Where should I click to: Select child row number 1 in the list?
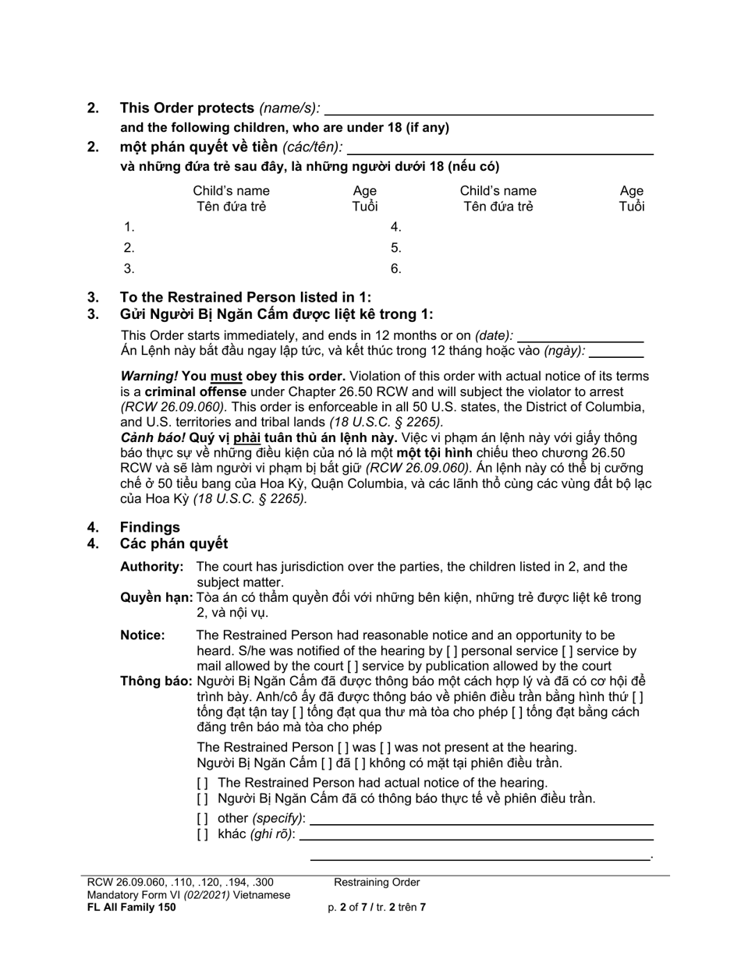[129, 228]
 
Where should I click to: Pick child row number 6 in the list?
[396, 269]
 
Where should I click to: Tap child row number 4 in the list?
[396, 228]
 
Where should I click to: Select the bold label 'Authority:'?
[152, 567]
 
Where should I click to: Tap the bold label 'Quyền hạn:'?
[156, 598]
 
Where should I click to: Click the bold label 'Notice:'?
[143, 635]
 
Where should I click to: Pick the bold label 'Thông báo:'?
[156, 681]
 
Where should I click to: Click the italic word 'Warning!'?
[149, 377]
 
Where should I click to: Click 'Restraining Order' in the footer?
[377, 883]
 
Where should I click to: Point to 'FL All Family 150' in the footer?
[132, 908]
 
